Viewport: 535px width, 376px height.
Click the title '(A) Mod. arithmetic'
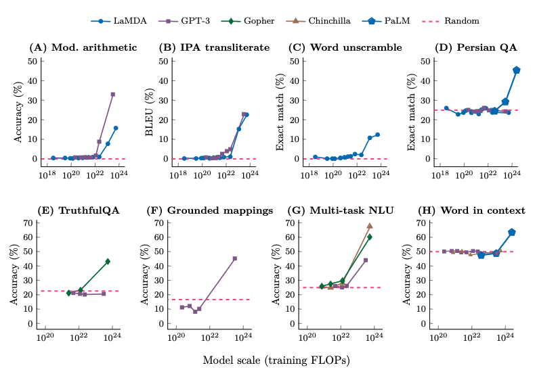click(x=83, y=48)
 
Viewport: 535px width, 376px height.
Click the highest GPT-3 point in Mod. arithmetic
click(x=113, y=94)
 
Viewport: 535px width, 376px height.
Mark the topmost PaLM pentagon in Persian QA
click(x=517, y=70)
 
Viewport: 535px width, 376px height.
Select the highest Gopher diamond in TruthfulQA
click(x=108, y=261)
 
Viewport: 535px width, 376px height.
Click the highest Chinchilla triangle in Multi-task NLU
click(x=370, y=225)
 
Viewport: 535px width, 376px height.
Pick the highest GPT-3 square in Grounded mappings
click(x=235, y=258)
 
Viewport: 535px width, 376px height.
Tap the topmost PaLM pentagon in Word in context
click(x=512, y=232)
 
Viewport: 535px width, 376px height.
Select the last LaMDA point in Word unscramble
click(x=377, y=135)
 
